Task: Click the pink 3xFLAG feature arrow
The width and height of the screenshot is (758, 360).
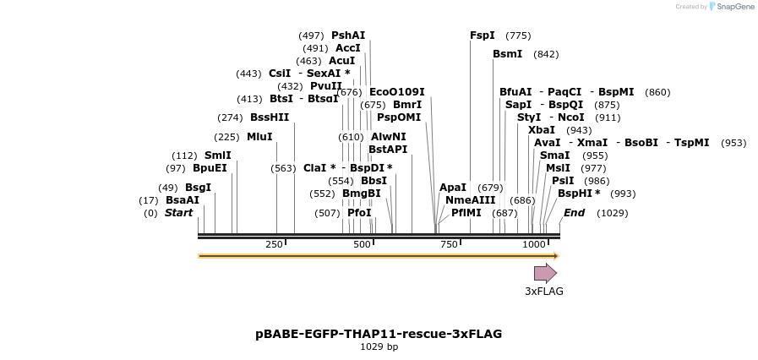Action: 545,273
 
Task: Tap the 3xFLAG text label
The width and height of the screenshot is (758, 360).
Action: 544,292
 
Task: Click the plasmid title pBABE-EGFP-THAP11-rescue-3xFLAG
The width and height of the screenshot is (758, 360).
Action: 379,334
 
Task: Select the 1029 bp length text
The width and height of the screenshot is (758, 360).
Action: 379,346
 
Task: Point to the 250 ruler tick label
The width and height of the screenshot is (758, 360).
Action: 274,244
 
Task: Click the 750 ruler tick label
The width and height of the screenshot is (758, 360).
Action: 449,244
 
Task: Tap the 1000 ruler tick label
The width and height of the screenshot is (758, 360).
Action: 534,244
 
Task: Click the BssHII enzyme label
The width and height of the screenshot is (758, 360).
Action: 270,117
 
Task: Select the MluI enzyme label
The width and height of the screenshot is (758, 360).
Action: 259,137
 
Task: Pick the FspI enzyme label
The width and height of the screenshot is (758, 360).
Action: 483,35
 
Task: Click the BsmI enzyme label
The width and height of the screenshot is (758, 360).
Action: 508,54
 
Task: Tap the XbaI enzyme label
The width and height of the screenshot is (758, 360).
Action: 542,130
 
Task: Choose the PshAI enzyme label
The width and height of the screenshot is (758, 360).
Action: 348,35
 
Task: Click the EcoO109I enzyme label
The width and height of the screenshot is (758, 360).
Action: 397,92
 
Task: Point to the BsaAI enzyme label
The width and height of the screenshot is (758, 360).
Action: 183,200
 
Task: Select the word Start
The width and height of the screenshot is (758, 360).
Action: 178,213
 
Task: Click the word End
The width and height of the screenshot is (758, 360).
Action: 575,213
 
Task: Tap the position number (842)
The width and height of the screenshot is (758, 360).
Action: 546,54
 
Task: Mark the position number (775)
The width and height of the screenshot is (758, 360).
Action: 518,35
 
